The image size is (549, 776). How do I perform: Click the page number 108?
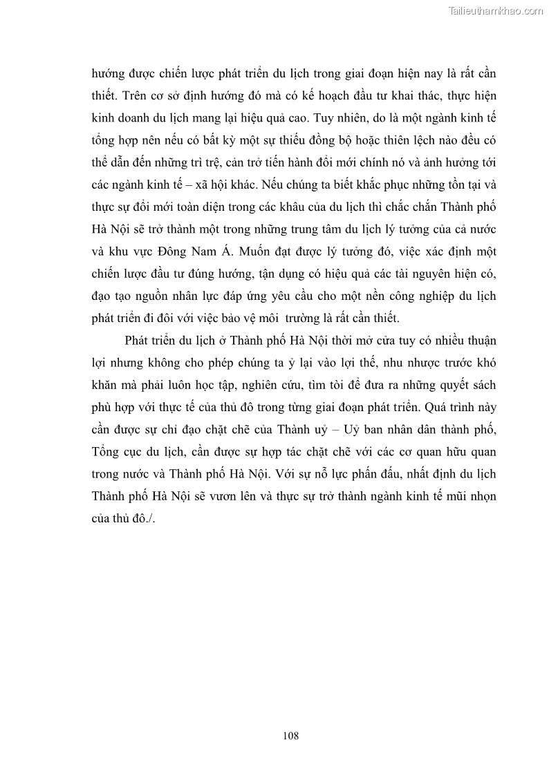(x=290, y=736)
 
